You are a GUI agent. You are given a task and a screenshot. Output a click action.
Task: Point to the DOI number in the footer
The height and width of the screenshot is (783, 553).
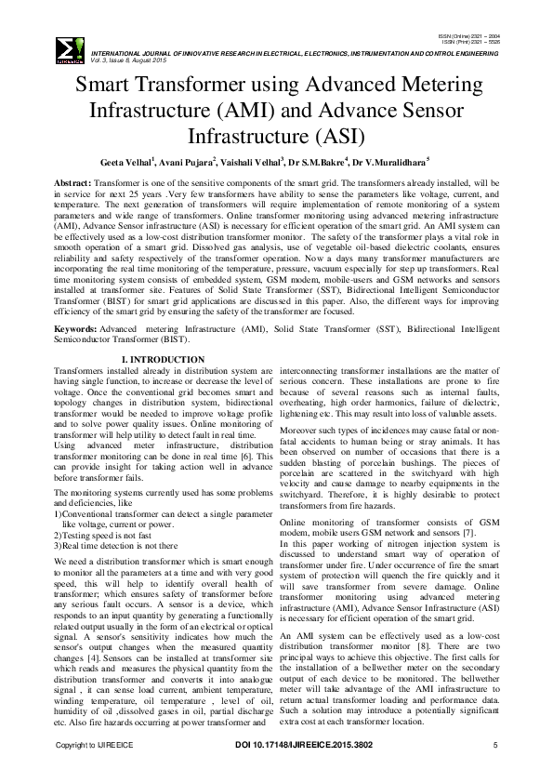(303, 746)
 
